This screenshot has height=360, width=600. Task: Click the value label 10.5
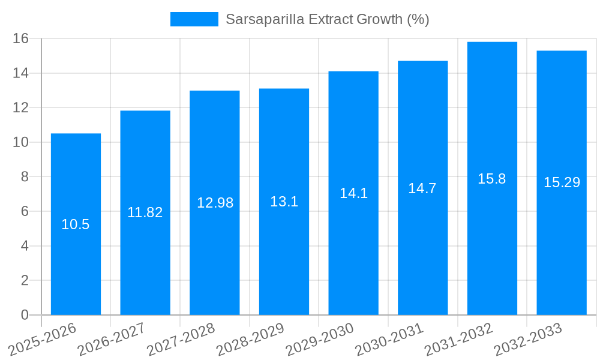click(76, 224)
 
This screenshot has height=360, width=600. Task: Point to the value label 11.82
click(145, 212)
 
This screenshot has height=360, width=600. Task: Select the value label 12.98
click(215, 203)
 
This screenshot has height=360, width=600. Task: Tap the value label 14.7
click(422, 188)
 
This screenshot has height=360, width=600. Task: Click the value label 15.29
click(562, 182)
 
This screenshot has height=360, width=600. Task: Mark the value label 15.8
click(492, 179)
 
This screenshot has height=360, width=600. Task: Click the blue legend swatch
click(194, 19)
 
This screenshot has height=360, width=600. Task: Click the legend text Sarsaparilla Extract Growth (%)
click(327, 19)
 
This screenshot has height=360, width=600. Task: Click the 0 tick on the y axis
click(25, 315)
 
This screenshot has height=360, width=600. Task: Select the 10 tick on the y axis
click(21, 142)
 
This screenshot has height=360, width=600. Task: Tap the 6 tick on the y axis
click(25, 211)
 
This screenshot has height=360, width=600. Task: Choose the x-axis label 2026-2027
click(112, 339)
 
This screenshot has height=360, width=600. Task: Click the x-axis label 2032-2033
click(528, 339)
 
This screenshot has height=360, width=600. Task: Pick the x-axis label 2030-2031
click(389, 339)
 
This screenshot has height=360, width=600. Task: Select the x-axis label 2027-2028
click(181, 339)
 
